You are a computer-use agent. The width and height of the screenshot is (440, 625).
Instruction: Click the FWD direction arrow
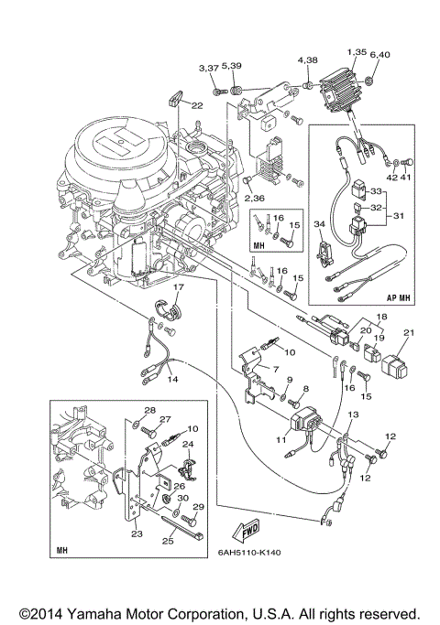click(246, 532)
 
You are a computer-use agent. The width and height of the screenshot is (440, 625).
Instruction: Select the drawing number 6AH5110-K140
click(249, 553)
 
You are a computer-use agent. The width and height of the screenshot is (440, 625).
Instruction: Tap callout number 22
click(197, 105)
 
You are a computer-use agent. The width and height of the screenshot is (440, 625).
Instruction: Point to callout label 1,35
click(357, 52)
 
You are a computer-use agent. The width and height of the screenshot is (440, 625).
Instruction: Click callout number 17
click(178, 286)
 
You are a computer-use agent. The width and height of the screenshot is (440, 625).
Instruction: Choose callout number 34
click(319, 224)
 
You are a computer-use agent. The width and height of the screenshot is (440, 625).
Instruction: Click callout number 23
click(137, 533)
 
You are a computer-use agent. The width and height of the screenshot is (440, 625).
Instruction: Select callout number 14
click(172, 379)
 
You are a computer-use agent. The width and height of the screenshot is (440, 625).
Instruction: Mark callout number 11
click(281, 439)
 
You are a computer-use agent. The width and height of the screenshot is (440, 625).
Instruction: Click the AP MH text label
click(398, 297)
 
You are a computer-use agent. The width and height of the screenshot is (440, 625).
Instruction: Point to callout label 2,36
click(255, 198)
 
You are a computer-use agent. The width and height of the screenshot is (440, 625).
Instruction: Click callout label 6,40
click(379, 54)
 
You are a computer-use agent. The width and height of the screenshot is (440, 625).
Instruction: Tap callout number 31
click(399, 216)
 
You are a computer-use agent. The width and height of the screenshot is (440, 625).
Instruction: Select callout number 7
click(276, 369)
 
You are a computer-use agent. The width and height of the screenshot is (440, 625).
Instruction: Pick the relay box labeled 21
click(395, 365)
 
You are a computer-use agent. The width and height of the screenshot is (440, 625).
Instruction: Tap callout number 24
click(188, 444)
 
